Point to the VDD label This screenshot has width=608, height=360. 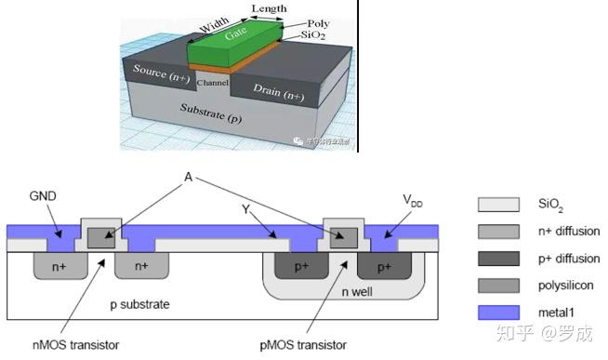click(412, 198)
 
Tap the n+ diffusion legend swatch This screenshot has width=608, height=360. click(496, 231)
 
